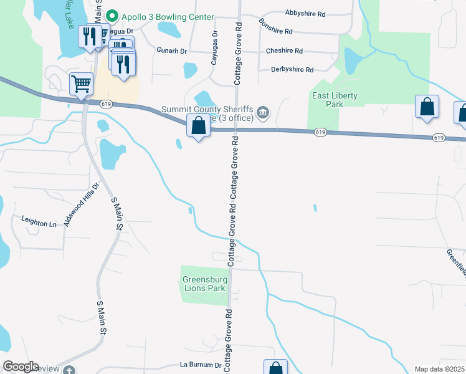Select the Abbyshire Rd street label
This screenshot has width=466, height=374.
pos(305,13)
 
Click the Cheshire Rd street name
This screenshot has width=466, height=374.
pos(284,51)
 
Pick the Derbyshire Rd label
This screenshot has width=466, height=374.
pos(292,70)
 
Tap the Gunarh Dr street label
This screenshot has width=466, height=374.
pos(172,51)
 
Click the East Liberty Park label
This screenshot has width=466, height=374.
pos(335,100)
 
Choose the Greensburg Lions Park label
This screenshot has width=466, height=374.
pos(204,284)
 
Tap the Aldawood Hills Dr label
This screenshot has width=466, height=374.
pos(81,204)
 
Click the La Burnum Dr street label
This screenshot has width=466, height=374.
pos(201,365)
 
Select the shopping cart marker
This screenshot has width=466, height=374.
pos(82,84)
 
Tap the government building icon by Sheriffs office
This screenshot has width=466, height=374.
pos(264,112)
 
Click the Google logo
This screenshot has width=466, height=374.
pos(21,367)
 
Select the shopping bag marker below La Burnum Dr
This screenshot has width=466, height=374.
pos(275,368)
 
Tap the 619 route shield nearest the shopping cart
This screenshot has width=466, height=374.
pos(102,104)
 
